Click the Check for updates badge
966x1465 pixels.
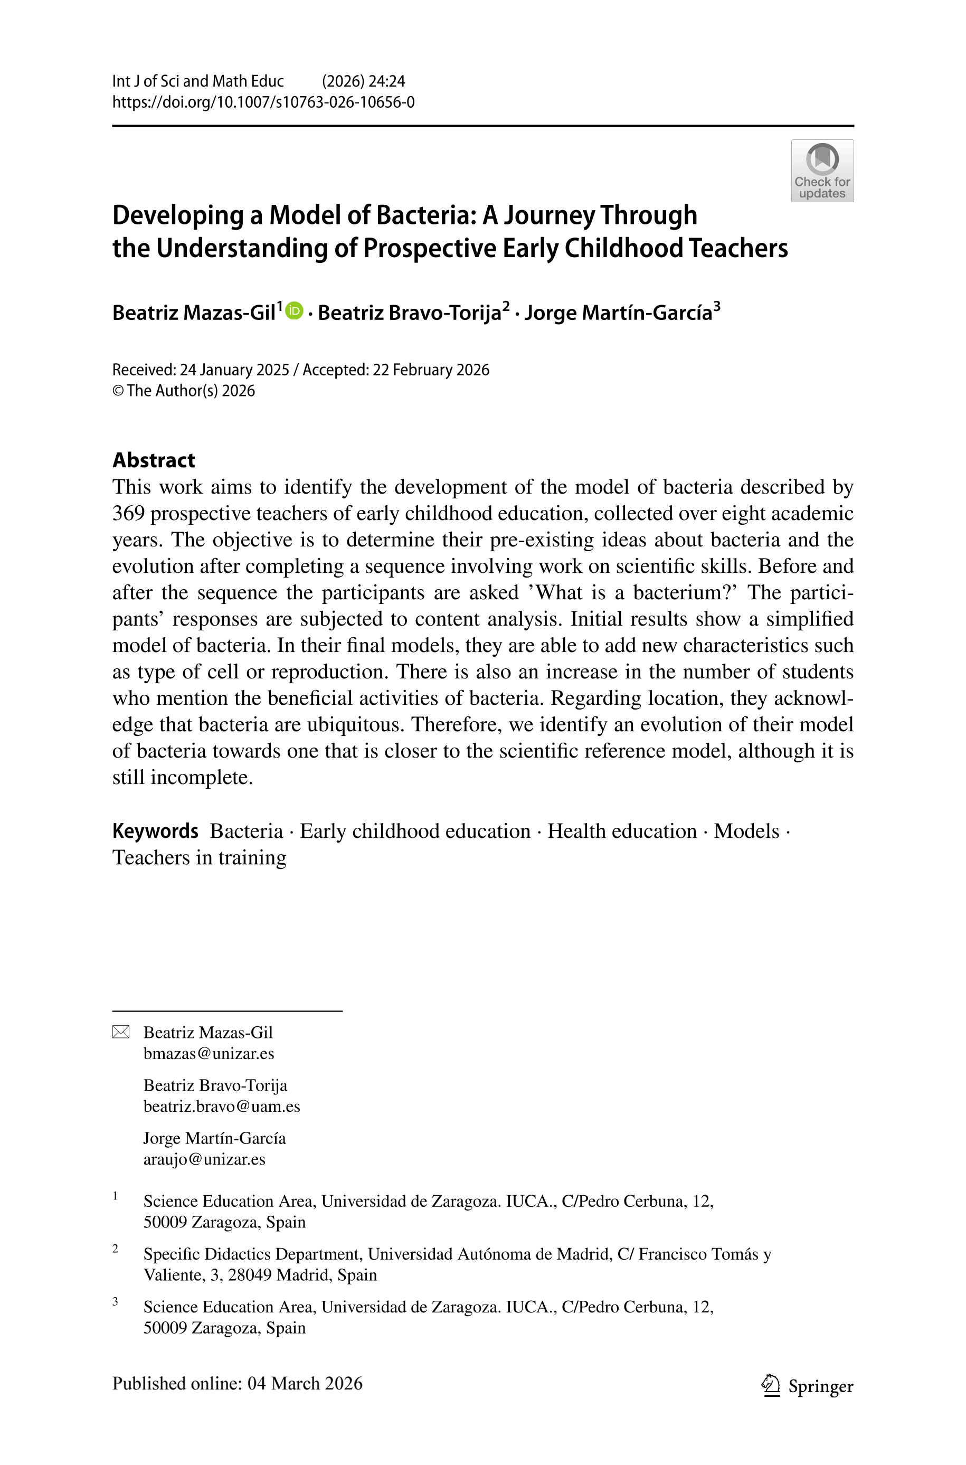click(x=822, y=171)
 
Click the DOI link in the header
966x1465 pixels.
click(x=263, y=102)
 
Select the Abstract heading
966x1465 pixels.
click(x=154, y=460)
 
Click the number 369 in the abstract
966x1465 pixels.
click(x=128, y=513)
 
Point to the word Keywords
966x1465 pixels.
click(x=155, y=831)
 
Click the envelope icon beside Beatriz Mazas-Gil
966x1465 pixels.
click(x=121, y=1032)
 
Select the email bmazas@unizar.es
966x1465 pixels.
click(x=209, y=1053)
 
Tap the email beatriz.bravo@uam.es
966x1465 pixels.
click(x=222, y=1107)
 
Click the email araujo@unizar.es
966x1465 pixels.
click(x=204, y=1159)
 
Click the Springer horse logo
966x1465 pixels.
click(x=770, y=1384)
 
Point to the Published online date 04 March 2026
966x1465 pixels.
click(x=305, y=1384)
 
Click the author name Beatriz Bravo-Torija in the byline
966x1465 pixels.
click(x=409, y=313)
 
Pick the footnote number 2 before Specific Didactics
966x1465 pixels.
click(x=115, y=1248)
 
